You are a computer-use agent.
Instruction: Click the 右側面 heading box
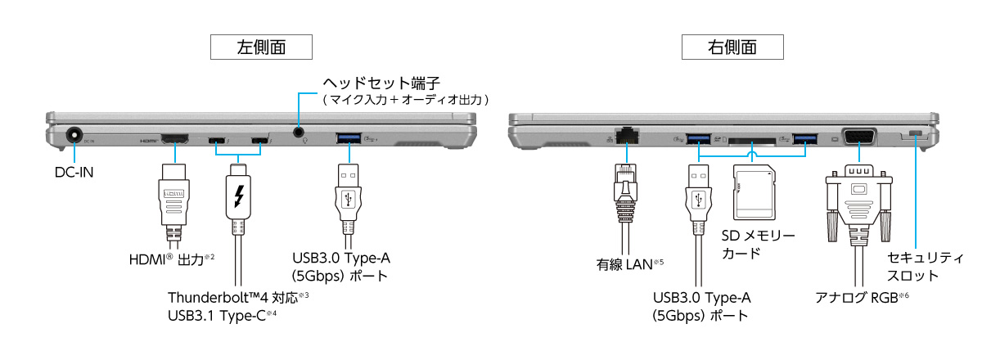coord(732,47)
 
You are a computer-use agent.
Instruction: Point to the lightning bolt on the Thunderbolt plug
coord(239,196)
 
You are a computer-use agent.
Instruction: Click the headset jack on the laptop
coord(300,132)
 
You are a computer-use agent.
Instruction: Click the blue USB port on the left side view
coord(351,137)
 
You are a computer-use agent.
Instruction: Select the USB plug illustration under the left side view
coord(349,200)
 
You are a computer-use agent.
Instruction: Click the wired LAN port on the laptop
coord(628,135)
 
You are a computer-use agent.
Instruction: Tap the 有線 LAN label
coord(627,264)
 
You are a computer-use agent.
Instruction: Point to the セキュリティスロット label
coord(926,267)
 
